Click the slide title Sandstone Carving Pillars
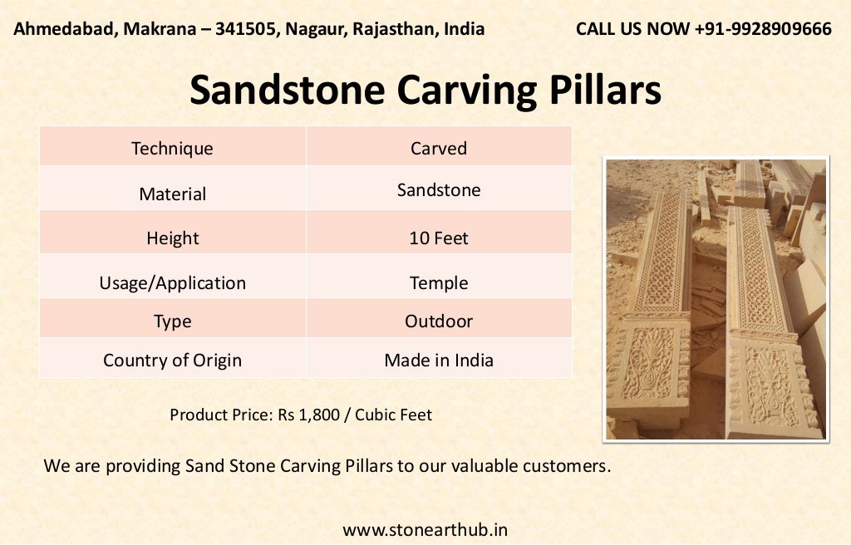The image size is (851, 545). coord(425,91)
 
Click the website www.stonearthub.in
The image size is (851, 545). coord(425,529)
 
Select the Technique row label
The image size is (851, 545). coord(172,149)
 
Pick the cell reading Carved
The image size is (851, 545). coord(439,149)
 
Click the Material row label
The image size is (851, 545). coord(172,194)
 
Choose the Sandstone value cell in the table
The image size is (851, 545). coord(439,190)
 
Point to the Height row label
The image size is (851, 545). coord(172,238)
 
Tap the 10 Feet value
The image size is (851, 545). coord(439,238)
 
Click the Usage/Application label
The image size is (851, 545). coord(172,283)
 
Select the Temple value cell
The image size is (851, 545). coord(439,283)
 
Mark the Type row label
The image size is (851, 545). coord(172,322)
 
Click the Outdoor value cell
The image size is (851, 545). coord(439,322)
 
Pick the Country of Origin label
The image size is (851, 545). coord(172,361)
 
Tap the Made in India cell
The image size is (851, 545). coord(439,361)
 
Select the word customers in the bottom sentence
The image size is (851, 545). coord(566,466)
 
